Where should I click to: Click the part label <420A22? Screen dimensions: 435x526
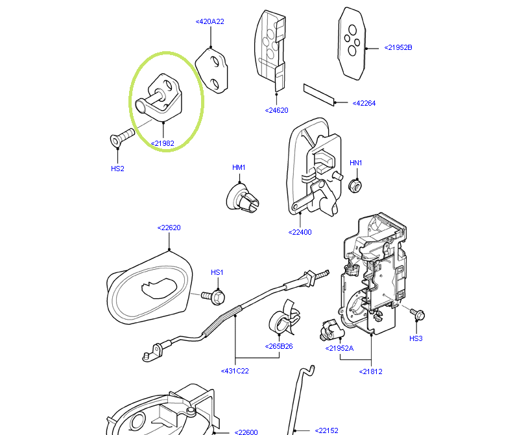coord(209,21)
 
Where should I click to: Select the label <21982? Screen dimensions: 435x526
coord(162,143)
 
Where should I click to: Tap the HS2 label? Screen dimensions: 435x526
coord(117,169)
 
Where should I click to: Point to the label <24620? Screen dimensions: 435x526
coord(276,110)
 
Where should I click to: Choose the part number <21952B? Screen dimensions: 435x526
coord(398,47)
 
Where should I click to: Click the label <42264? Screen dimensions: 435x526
coord(364,103)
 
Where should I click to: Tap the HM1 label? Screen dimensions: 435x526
coord(239,167)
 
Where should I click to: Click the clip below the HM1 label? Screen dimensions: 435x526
coord(241,196)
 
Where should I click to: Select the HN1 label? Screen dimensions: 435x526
coord(356,163)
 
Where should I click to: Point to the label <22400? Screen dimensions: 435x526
coord(300,231)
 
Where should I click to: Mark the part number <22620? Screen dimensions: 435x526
coord(169,228)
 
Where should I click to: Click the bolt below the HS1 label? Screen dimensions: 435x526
coord(217,296)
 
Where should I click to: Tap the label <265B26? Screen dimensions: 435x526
coord(279,346)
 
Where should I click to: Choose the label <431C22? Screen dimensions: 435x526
coord(235,371)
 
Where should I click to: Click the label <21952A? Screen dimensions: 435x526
coord(339,348)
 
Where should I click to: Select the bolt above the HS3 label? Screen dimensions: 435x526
coord(418,314)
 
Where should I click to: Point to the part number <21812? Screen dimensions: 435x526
coord(371,371)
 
